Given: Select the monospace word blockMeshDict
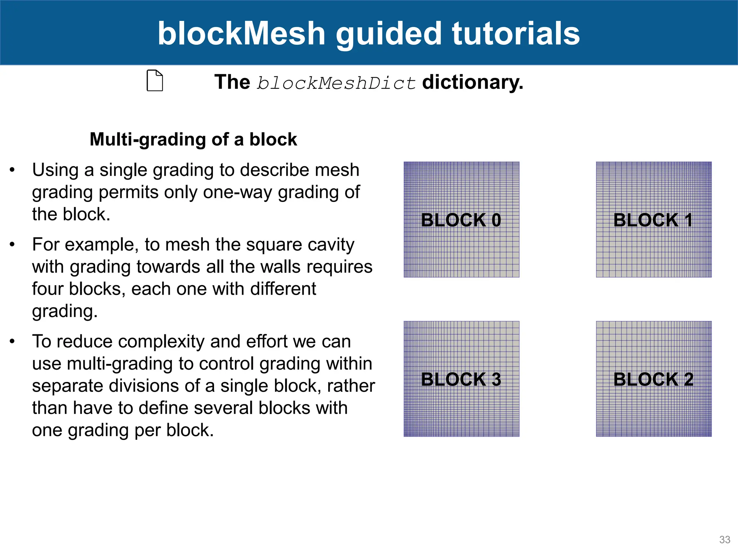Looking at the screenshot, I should [x=336, y=83].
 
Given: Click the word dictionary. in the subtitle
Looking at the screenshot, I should [x=472, y=82].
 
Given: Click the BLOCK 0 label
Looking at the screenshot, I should [x=461, y=220].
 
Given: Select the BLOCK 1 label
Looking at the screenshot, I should [x=653, y=220].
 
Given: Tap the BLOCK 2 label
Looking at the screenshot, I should [x=653, y=379].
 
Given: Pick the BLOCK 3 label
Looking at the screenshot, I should [x=461, y=379].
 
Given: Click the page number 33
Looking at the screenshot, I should [x=724, y=540].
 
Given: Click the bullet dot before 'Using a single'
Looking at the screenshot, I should [x=12, y=170].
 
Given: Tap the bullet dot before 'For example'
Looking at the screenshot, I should [x=12, y=245].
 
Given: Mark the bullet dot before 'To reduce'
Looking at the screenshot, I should [x=12, y=341].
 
